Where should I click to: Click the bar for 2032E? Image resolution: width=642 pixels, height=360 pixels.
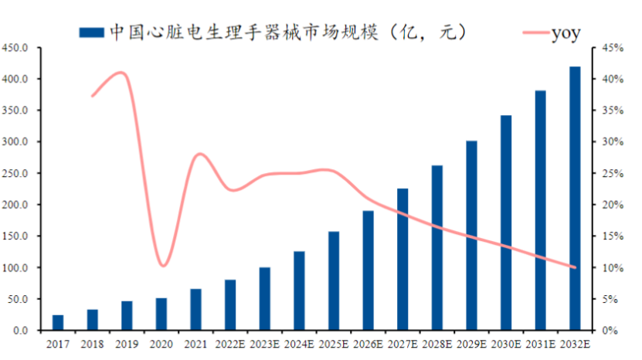click(x=575, y=199)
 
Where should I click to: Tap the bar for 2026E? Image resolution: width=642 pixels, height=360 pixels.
click(x=368, y=270)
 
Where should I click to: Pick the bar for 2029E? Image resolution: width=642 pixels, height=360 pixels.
click(x=471, y=236)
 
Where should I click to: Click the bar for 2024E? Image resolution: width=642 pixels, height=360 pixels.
click(x=299, y=290)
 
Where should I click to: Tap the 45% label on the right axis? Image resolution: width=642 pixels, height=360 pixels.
click(x=612, y=48)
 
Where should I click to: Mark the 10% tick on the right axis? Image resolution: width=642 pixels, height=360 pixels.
click(x=612, y=268)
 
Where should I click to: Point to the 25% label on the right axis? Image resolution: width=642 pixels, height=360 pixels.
click(x=612, y=174)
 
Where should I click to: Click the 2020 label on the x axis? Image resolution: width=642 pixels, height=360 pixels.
click(x=161, y=344)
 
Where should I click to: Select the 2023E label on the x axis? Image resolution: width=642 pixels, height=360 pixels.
click(x=264, y=344)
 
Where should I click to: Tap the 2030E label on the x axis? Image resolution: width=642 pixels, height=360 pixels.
click(x=505, y=344)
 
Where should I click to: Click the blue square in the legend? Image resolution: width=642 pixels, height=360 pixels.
click(x=91, y=32)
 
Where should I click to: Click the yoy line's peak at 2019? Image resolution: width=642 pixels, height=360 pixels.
click(x=121, y=73)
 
